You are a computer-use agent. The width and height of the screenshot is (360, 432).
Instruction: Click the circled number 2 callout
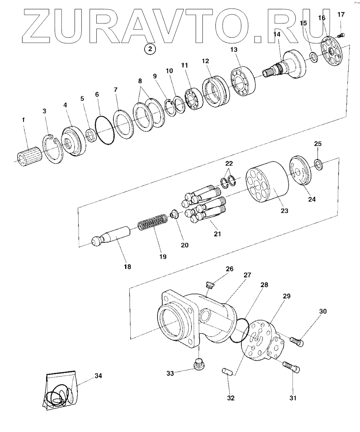click(x=150, y=49)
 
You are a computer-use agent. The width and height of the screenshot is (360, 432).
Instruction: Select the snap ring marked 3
click(x=53, y=149)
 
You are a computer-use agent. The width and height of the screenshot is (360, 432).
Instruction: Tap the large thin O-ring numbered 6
click(x=104, y=131)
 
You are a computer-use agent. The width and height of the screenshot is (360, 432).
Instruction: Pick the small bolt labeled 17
click(x=341, y=35)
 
